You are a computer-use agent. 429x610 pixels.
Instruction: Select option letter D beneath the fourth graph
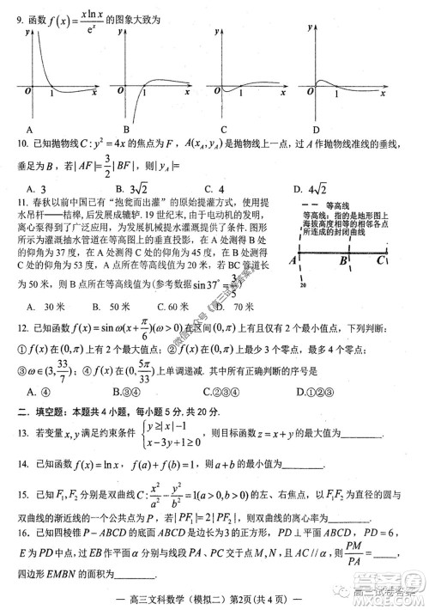point(317,129)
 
